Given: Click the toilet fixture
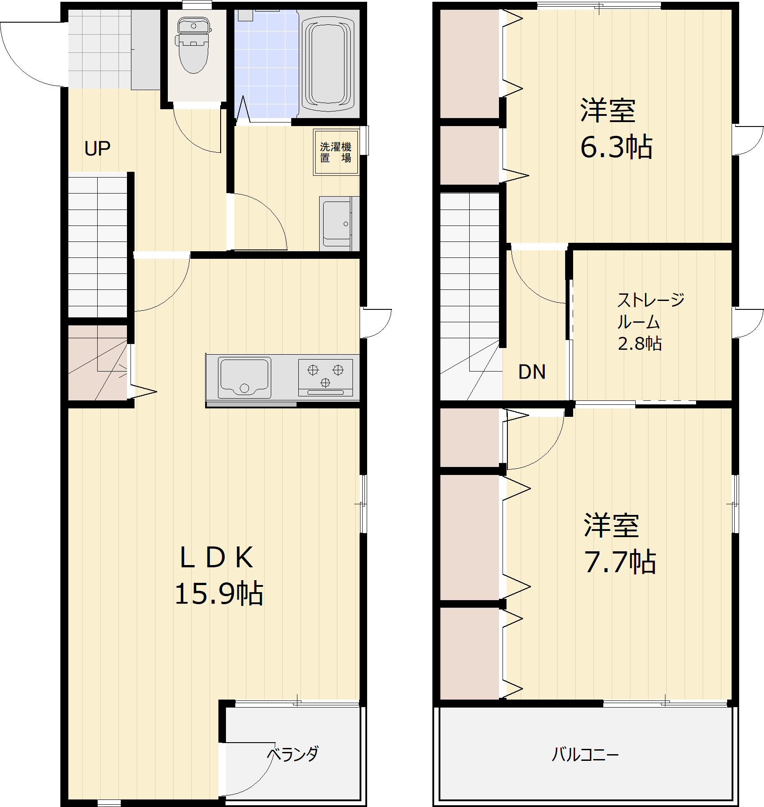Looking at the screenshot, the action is point(193,45).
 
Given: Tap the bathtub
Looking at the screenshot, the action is point(328,63).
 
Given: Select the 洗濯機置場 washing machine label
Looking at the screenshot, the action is point(336,152).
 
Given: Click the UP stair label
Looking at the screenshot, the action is point(97,149).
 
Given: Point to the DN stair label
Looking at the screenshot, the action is point(532,372).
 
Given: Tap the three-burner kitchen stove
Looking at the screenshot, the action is point(326,377).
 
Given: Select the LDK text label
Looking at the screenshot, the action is point(217,558).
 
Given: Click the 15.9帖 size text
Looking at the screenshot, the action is point(219,593).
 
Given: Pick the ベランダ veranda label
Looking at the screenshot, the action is point(293,754).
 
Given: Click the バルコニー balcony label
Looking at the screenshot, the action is point(585,754).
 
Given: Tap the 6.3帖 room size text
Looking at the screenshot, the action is point(617,147).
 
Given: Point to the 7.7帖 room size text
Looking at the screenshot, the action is point(620,562).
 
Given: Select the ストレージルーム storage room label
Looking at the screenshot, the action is point(651,311).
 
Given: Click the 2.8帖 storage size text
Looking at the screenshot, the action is point(640,344).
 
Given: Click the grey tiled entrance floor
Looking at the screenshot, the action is point(100,49).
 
